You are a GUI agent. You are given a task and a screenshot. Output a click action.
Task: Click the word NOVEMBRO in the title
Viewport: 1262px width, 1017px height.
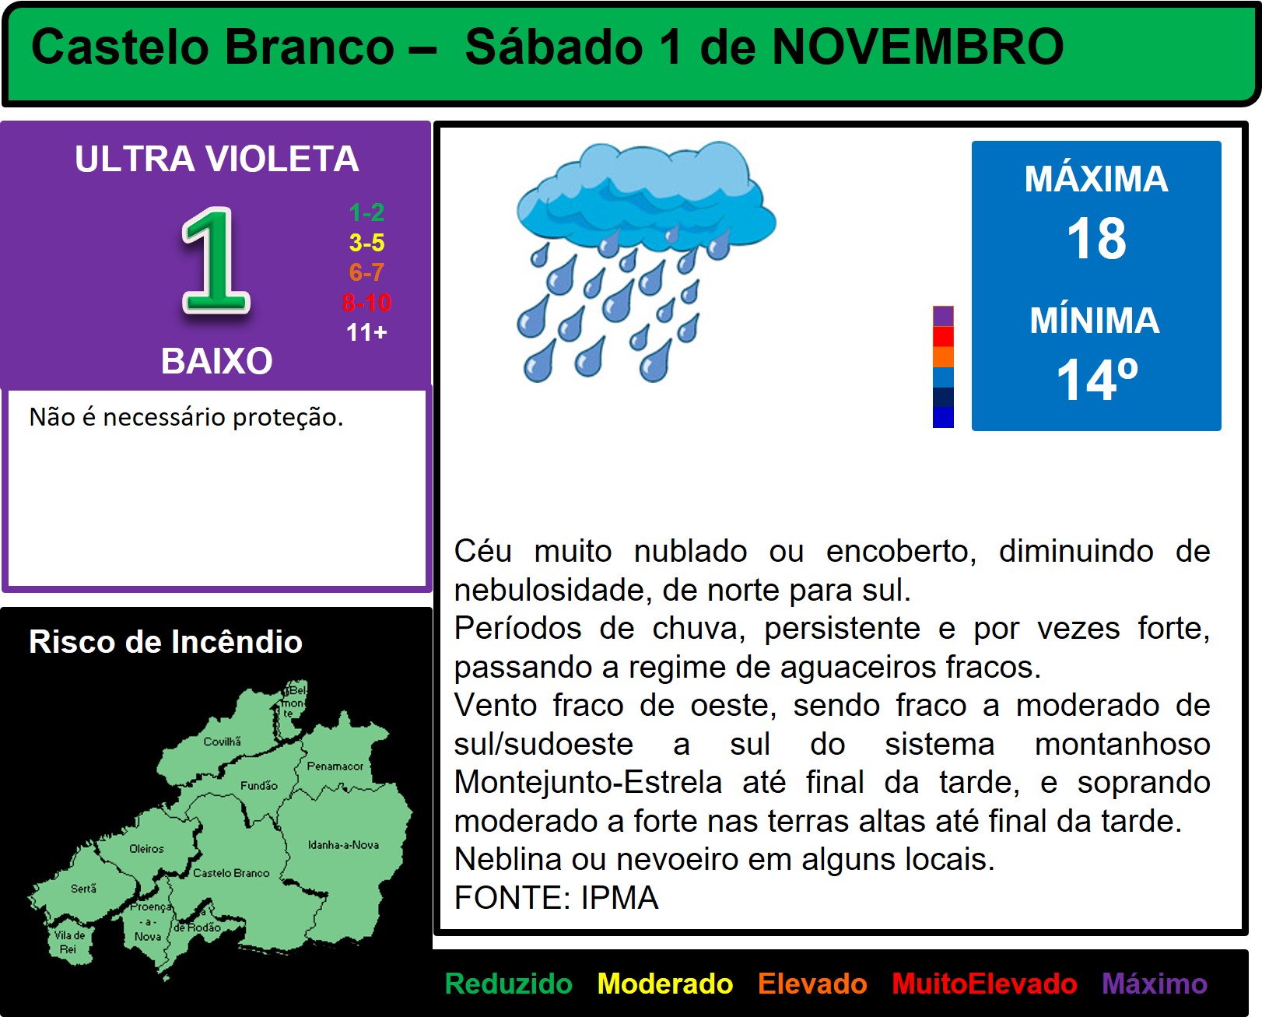click(918, 47)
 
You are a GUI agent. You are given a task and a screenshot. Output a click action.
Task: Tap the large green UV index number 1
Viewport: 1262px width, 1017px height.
click(216, 261)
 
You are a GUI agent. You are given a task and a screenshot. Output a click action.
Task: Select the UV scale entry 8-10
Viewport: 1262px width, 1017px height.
click(366, 303)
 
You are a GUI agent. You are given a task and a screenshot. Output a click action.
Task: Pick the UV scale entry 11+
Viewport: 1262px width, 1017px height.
click(366, 332)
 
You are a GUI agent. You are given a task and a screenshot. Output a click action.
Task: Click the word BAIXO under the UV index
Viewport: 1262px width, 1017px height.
click(217, 361)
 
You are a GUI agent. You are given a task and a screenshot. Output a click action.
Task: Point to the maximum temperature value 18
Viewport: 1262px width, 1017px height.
click(1096, 239)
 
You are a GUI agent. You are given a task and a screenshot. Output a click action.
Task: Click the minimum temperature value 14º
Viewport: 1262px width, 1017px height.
click(1097, 380)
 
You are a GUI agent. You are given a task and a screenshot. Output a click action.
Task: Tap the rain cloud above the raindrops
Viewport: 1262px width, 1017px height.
click(646, 194)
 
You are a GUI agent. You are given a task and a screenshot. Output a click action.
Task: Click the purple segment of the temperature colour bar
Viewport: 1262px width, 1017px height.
click(943, 316)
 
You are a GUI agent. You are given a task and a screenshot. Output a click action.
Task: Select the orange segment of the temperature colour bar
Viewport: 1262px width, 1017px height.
click(943, 356)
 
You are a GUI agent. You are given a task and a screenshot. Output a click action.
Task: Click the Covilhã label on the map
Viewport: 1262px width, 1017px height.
click(223, 742)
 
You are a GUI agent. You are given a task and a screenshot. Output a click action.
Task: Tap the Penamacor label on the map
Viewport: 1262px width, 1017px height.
click(335, 766)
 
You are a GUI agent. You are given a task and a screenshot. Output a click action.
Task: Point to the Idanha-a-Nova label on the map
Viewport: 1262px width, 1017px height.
click(343, 844)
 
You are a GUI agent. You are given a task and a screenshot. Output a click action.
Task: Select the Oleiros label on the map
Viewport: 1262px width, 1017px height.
click(146, 849)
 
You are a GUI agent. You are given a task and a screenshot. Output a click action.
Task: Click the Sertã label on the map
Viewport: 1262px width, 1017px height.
click(83, 888)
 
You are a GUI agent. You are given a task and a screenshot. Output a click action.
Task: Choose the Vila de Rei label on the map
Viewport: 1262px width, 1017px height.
click(69, 942)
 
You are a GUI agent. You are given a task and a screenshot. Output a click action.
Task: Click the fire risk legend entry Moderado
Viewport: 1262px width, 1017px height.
click(665, 984)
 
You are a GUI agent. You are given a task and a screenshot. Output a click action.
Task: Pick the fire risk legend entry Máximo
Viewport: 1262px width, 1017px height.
click(1155, 984)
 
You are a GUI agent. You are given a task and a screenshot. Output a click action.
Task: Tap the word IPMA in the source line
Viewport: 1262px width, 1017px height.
click(620, 897)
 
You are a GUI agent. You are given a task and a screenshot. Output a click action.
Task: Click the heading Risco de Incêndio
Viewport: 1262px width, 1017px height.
click(166, 641)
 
